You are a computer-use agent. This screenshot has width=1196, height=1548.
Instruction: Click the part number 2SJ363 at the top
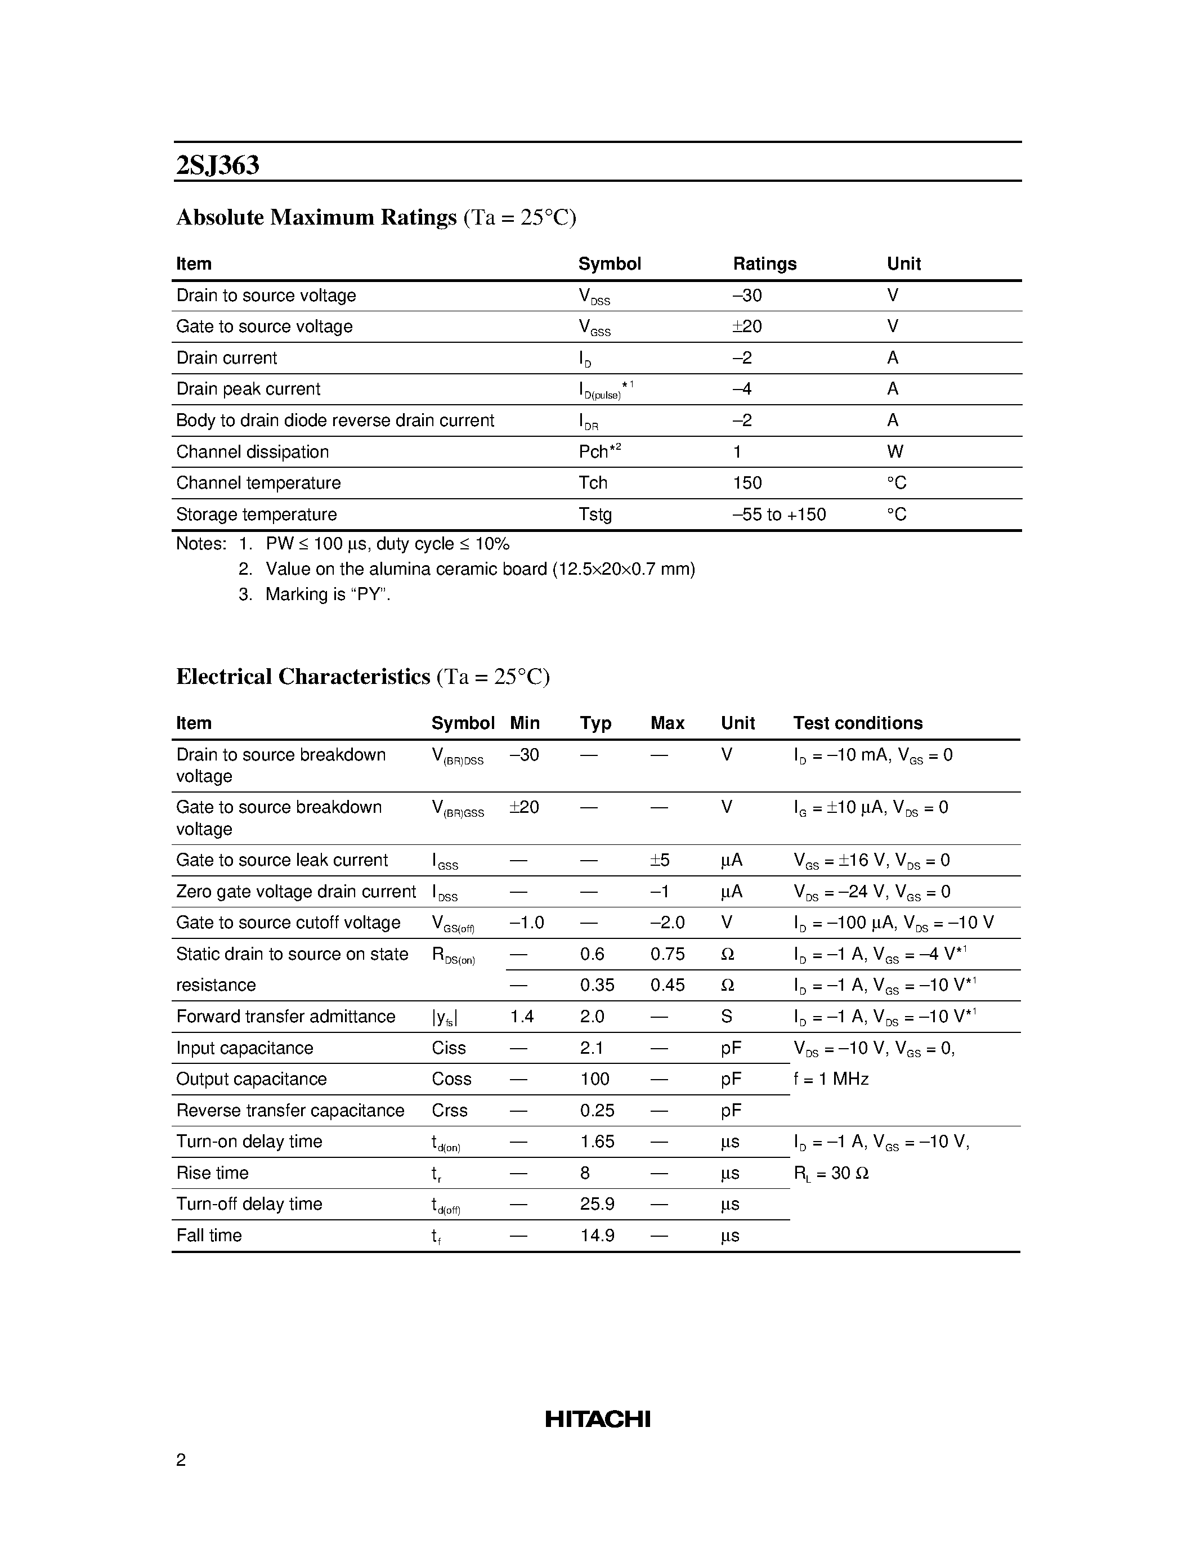(x=217, y=165)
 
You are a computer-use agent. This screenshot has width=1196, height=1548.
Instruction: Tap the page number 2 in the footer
(x=181, y=1460)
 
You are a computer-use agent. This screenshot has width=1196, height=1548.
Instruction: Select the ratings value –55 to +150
(x=779, y=514)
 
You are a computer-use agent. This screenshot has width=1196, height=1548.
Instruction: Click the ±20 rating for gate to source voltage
(x=747, y=326)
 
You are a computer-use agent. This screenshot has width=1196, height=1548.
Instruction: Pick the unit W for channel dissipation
(x=894, y=451)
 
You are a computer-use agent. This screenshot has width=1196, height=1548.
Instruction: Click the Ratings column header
(x=764, y=263)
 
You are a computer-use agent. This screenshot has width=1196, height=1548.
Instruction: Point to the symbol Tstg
(x=594, y=514)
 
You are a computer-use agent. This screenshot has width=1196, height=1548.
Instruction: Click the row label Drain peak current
(x=248, y=389)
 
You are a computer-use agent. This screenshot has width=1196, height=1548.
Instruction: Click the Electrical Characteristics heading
(x=303, y=676)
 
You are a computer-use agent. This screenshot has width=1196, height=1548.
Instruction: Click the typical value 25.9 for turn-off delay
(x=597, y=1204)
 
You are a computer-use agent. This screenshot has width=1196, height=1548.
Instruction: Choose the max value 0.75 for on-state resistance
(x=667, y=954)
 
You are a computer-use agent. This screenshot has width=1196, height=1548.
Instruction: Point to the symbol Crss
(x=449, y=1110)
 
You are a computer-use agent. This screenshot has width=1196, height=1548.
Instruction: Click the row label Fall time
(x=209, y=1236)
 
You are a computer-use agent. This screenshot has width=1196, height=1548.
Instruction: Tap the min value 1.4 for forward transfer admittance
(x=522, y=1017)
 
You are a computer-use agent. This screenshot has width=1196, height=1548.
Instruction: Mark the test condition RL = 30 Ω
(x=830, y=1173)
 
